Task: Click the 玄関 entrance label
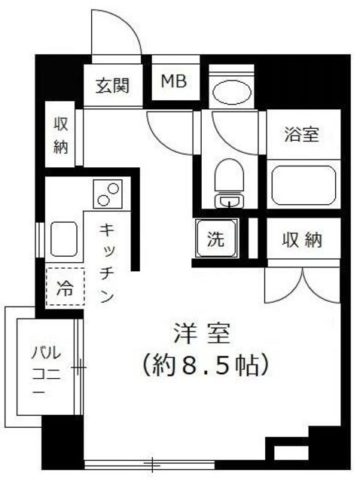[112, 84]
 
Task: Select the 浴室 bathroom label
[302, 135]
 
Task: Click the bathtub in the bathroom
[303, 185]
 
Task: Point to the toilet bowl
[227, 178]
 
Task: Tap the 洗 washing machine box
[216, 240]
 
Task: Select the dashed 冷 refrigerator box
[66, 286]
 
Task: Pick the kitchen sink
[66, 240]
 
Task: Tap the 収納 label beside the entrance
[60, 136]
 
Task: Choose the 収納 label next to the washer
[303, 240]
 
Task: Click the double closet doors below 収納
[304, 286]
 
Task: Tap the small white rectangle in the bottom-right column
[291, 453]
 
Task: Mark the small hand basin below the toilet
[226, 201]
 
